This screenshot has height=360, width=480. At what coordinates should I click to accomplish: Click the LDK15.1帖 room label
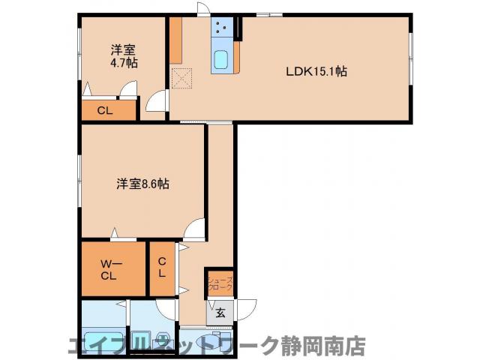point(316,72)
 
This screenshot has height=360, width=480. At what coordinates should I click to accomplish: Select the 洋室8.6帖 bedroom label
point(142,183)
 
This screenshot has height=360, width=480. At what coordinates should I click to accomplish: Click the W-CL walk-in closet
point(112,267)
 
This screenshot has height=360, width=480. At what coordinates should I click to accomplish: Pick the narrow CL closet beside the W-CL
point(162,267)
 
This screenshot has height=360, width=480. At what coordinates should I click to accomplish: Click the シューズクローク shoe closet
point(220,283)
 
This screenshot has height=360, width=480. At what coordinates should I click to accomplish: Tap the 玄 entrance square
point(222,313)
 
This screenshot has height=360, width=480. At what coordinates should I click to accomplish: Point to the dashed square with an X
point(182,78)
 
